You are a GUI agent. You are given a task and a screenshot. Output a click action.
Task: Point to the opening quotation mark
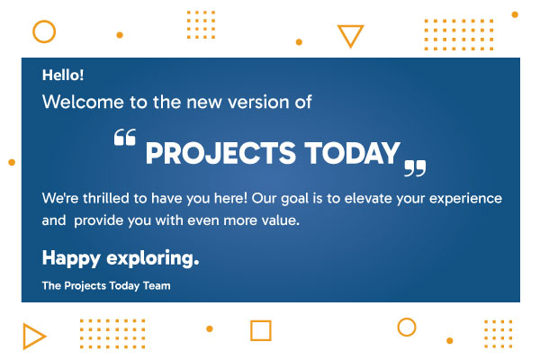coord(125,138)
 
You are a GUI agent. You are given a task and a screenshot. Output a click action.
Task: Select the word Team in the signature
coord(154,286)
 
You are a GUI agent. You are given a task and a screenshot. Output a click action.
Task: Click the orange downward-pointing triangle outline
coord(350,36)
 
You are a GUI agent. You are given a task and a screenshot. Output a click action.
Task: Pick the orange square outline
coord(260,330)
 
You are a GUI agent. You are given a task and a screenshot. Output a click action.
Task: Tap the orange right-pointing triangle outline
coord(33,337)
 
